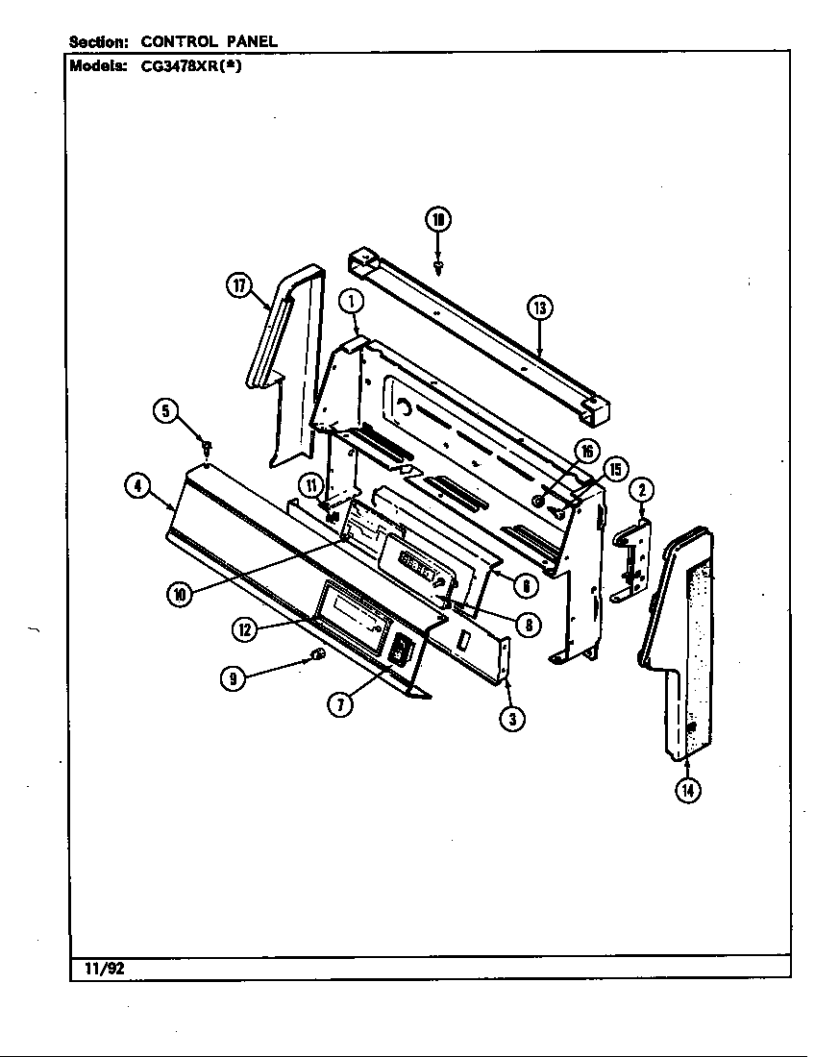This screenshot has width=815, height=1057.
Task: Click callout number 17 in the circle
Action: [x=239, y=284]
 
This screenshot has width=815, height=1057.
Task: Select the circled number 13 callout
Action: [x=540, y=307]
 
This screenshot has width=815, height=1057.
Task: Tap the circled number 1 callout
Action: [x=352, y=301]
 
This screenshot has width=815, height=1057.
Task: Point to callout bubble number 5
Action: [x=166, y=411]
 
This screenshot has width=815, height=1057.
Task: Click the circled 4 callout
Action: [x=138, y=486]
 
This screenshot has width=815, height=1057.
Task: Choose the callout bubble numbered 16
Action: [x=585, y=453]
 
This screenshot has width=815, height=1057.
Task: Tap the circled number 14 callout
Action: [x=687, y=790]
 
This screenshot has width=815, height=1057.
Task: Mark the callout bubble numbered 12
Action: [x=244, y=628]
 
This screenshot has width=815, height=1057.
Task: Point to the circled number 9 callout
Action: [x=232, y=678]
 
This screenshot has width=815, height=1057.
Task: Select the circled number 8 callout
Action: [x=528, y=624]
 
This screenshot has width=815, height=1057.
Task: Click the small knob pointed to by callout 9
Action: [x=319, y=656]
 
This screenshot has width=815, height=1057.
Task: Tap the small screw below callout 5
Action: [x=206, y=445]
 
